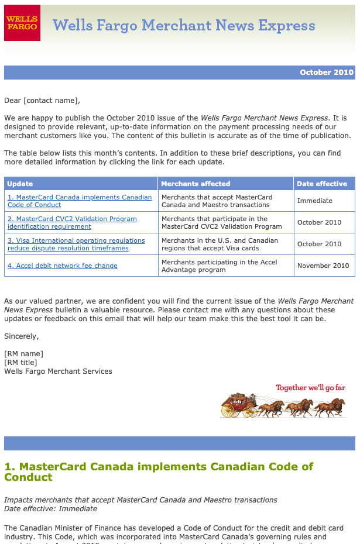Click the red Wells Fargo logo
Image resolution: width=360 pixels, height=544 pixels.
point(22,23)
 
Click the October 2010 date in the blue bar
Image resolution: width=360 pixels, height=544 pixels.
point(327,73)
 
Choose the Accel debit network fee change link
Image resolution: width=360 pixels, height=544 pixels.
point(63,266)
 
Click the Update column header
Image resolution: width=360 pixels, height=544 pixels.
point(20,184)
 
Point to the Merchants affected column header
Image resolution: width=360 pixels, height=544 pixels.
point(196,184)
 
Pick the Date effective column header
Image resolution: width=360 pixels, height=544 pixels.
point(322,184)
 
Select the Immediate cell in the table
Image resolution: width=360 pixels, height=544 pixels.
point(315,201)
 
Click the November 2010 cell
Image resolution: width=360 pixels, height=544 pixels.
point(323,266)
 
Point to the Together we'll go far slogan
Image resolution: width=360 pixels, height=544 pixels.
point(310,388)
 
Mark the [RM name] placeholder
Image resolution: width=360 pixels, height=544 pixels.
point(24,353)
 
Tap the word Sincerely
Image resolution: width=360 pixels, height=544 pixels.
point(22,336)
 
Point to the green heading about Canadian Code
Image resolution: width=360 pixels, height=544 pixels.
point(159,471)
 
